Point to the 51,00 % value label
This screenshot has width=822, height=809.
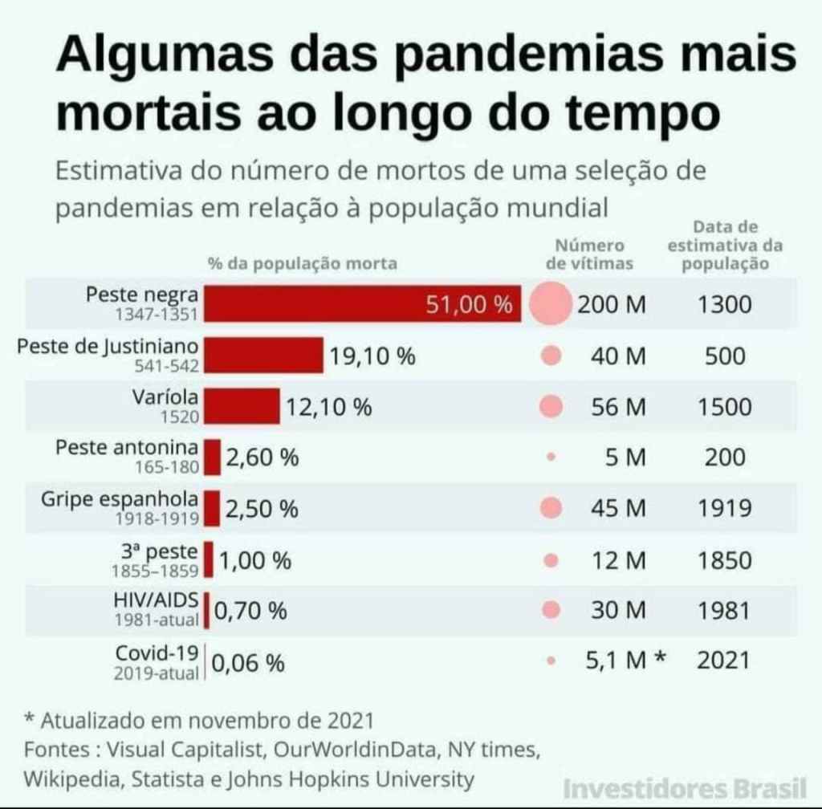tap(468, 305)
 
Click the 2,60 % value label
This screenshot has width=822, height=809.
tap(262, 458)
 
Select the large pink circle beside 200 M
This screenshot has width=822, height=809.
tap(551, 305)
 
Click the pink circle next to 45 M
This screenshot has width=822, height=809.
tap(551, 508)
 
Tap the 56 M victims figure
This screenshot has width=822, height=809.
tap(618, 407)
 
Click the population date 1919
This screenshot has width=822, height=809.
tap(724, 509)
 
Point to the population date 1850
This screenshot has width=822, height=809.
tap(724, 560)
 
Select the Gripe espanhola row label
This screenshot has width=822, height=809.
tap(120, 499)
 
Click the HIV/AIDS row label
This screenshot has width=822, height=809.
tap(157, 600)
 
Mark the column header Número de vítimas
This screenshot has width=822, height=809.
tap(589, 254)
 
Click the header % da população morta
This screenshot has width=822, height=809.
tap(302, 262)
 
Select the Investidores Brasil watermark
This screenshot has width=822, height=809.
tap(684, 787)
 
